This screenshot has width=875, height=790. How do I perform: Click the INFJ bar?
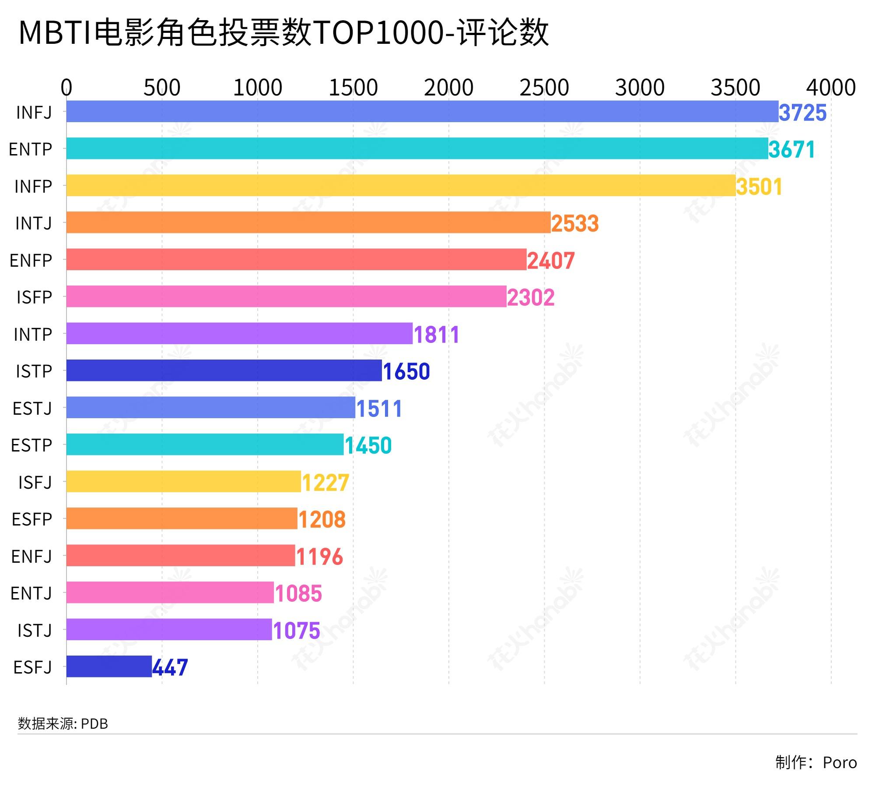click(x=422, y=112)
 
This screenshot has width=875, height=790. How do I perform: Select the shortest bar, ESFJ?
click(x=109, y=667)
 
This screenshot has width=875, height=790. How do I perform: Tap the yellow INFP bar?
click(x=401, y=186)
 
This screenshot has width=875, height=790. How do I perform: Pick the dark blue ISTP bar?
click(x=224, y=370)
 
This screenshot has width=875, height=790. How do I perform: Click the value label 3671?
click(x=792, y=149)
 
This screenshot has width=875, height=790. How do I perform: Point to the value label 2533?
click(x=574, y=223)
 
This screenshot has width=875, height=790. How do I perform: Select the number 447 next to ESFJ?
click(x=170, y=667)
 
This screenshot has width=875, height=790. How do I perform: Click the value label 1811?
click(x=436, y=335)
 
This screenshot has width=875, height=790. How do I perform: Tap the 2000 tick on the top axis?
click(x=448, y=88)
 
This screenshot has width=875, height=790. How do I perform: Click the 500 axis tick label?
click(x=162, y=88)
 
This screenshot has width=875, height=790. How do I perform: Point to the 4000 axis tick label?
click(x=831, y=88)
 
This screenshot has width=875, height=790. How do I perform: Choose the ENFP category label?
click(x=31, y=261)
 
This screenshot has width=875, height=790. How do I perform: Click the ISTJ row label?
click(x=35, y=631)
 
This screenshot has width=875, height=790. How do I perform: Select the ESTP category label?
click(x=31, y=445)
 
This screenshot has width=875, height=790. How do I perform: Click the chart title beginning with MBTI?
click(x=283, y=33)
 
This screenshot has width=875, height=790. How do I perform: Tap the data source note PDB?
click(x=63, y=724)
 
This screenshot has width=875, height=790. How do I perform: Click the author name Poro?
click(x=840, y=762)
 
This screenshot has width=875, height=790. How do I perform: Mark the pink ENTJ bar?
click(x=170, y=592)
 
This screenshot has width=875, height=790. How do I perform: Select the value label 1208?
click(x=322, y=519)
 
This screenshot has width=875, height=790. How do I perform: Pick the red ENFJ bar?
click(x=181, y=555)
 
